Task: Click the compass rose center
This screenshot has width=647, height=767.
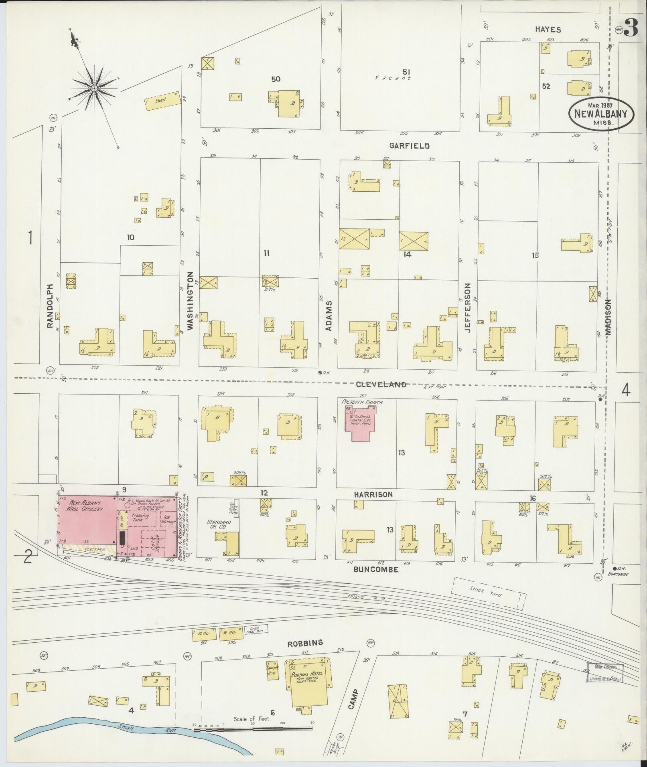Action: click(94, 88)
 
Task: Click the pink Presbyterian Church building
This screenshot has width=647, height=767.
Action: click(361, 424)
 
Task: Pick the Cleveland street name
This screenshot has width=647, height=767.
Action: click(381, 385)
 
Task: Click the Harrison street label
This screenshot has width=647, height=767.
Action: click(373, 495)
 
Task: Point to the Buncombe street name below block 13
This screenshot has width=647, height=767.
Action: click(375, 569)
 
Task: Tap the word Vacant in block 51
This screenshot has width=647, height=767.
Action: click(393, 79)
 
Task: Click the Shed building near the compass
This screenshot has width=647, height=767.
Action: click(161, 102)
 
